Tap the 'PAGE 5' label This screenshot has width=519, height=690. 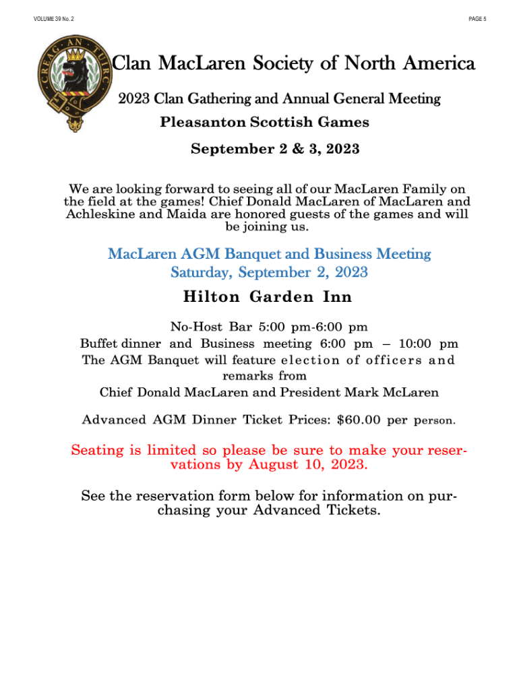click(477, 19)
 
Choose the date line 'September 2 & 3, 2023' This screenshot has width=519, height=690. click(275, 149)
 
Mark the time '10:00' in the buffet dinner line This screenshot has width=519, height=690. click(413, 344)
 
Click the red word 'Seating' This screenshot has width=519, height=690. click(100, 450)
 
